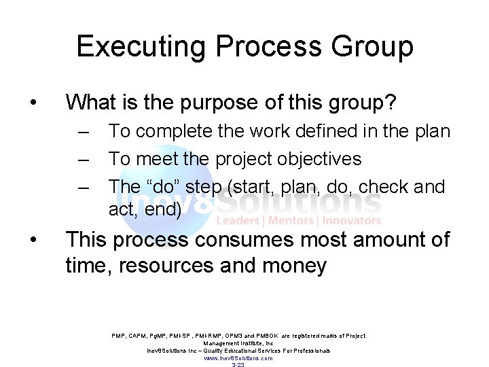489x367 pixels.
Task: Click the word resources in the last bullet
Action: pos(165,266)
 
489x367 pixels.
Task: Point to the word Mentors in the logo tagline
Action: pos(294,220)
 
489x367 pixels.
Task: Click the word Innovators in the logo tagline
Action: pos(352,220)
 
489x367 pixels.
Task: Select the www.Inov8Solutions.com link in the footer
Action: pos(238,358)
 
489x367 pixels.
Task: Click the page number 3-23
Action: pos(238,365)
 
